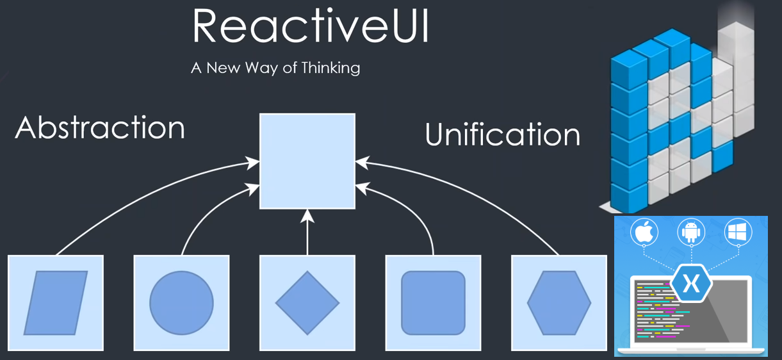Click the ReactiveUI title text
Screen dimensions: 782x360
click(311, 26)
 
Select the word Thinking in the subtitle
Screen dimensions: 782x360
click(330, 68)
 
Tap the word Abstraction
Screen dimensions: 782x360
click(100, 127)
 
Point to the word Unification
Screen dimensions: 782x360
click(503, 134)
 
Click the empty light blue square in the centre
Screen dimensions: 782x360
click(307, 161)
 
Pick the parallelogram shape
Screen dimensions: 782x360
click(56, 303)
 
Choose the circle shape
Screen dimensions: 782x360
click(181, 303)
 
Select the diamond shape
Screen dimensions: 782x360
click(307, 303)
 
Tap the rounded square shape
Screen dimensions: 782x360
click(433, 303)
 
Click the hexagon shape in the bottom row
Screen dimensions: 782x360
click(559, 303)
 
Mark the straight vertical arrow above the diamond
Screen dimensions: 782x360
click(307, 232)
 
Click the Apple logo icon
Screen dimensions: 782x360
click(644, 232)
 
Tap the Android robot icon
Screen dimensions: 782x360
click(691, 232)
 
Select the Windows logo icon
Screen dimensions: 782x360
click(738, 232)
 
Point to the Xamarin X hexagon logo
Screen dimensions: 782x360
click(691, 284)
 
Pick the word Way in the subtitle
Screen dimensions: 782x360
click(261, 68)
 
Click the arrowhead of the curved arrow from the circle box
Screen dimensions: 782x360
click(252, 189)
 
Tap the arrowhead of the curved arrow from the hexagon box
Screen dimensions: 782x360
click(363, 163)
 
